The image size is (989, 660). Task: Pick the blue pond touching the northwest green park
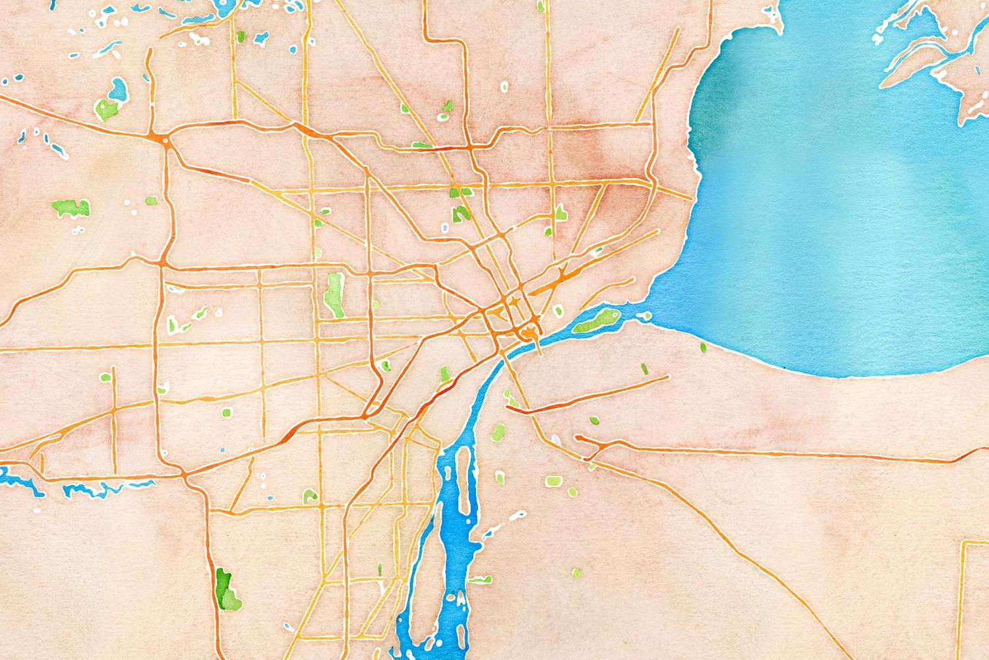tap(119, 88)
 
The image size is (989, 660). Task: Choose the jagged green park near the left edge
tap(71, 208)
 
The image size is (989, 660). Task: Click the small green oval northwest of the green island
tap(559, 311)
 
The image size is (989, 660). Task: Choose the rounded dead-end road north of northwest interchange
tap(150, 59)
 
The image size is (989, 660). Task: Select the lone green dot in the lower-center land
tap(577, 572)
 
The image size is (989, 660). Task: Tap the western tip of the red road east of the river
tap(508, 409)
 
